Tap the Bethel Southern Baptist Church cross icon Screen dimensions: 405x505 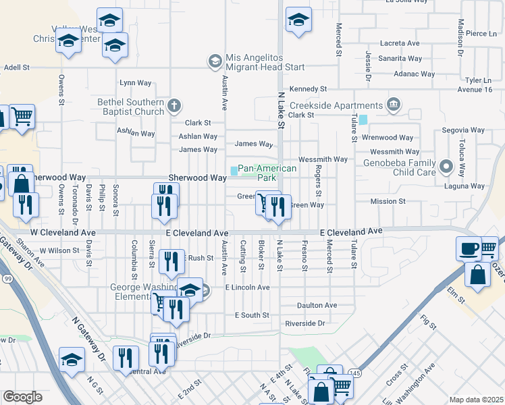pos(174,105)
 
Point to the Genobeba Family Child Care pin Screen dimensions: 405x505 pos(446,165)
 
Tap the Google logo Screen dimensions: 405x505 pos(22,397)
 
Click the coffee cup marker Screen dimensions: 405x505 pos(468,248)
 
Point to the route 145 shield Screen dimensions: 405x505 pos(355,373)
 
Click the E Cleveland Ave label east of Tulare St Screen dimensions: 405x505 pos(351,231)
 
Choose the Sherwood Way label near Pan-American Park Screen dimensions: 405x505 pos(197,178)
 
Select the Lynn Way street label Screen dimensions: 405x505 pos(135,83)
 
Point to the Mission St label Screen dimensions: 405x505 pos(388,201)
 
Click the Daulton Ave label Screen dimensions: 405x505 pos(317,305)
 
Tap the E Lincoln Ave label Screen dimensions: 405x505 pos(247,288)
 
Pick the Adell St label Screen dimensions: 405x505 pos(17,67)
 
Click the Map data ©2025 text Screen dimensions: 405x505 pos(476,400)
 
